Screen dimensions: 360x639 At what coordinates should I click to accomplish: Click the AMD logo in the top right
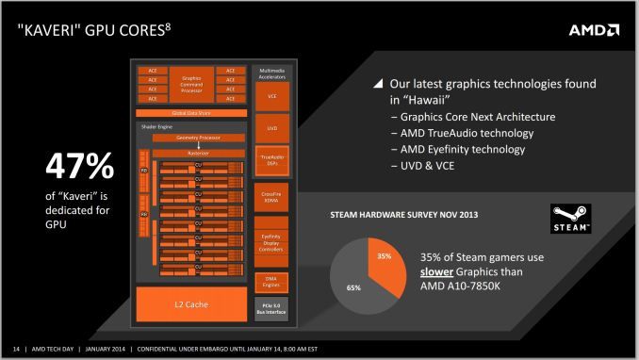(x=594, y=29)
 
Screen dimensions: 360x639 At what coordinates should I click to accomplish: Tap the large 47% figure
(x=80, y=167)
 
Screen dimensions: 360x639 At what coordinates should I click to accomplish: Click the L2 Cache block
(x=191, y=303)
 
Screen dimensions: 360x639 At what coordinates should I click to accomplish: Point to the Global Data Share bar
(x=192, y=112)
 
